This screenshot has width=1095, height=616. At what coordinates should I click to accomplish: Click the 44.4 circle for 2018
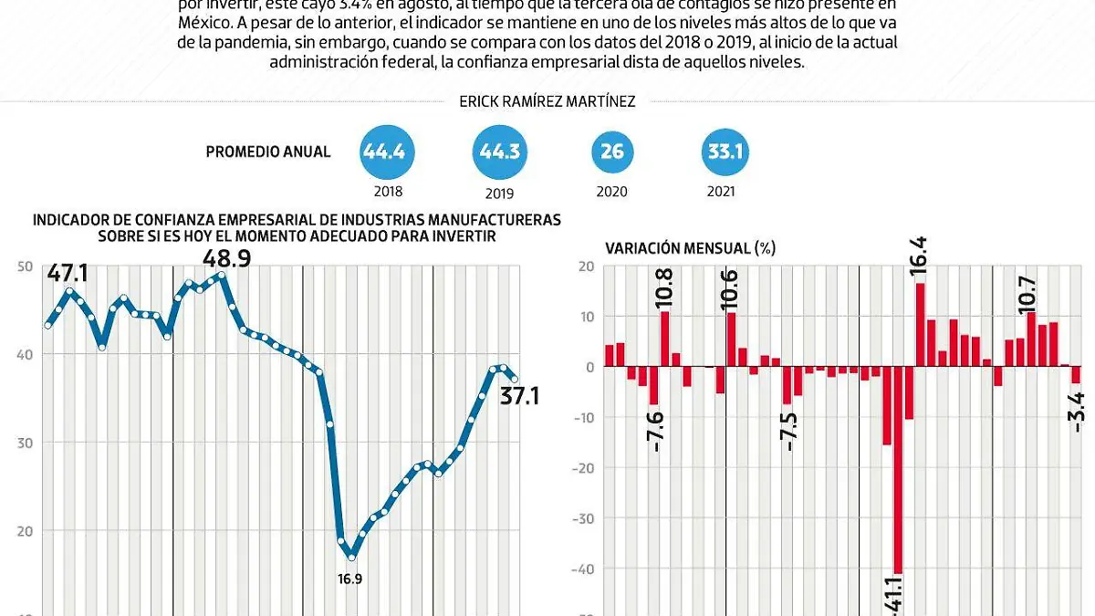coord(384,151)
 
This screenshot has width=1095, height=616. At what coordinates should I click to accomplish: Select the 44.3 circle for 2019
coord(499,151)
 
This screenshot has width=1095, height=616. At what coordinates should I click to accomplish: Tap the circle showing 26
coord(612,151)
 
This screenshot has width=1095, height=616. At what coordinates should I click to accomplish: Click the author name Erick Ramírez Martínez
coord(547,102)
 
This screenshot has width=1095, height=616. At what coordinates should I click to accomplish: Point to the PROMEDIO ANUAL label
coord(268,152)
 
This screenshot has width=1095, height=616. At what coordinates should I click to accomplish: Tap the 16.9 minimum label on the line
coord(350,578)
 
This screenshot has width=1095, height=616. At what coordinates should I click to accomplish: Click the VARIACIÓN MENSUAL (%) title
coord(691,247)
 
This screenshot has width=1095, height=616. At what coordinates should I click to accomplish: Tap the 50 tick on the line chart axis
coord(25,266)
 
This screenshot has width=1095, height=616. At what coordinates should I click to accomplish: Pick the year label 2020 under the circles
coord(611,192)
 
